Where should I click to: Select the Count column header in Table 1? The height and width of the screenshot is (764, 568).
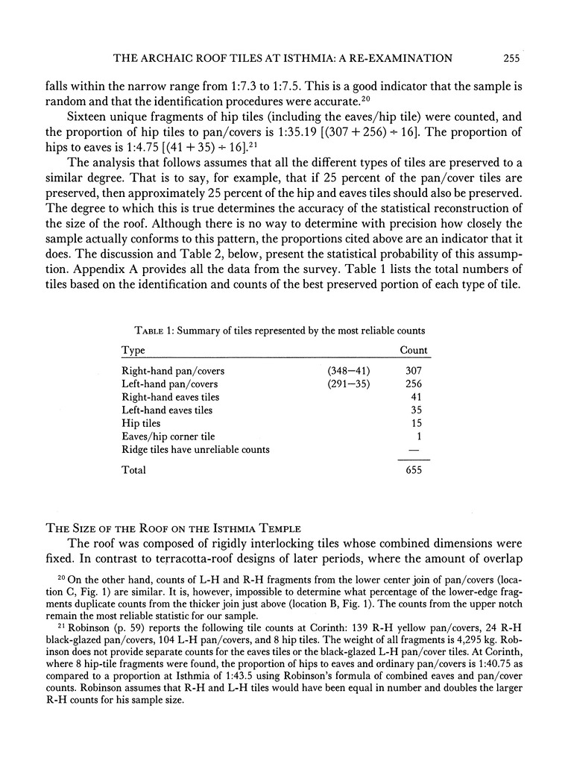413,350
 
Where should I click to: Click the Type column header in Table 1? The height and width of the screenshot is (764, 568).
133,350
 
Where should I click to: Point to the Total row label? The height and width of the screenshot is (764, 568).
134,470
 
